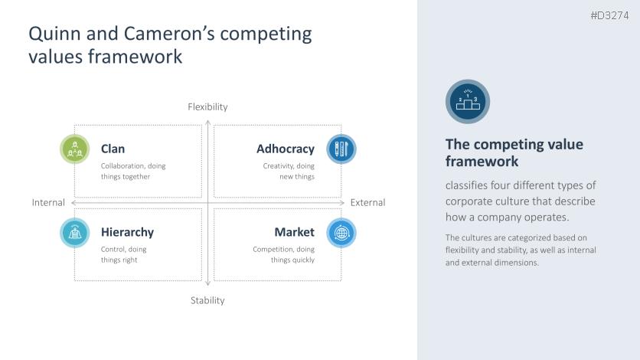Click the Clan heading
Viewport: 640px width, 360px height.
tap(113, 149)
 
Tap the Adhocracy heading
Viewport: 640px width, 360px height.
tap(285, 149)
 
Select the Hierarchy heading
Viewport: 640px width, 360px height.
tap(127, 232)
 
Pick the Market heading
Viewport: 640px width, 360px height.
tap(294, 232)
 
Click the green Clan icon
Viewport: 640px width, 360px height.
tap(75, 149)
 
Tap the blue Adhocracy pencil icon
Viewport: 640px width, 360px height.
tap(341, 149)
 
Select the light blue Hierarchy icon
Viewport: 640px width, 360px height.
tap(75, 232)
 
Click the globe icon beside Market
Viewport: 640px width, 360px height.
tap(341, 232)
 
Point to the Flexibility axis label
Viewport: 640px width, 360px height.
tap(207, 107)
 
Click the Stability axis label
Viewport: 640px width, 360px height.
tap(207, 300)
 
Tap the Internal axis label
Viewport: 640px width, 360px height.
tap(48, 203)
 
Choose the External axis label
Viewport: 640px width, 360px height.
tap(367, 203)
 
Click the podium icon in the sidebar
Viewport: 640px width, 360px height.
tap(467, 101)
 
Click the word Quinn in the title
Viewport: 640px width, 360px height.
tap(54, 34)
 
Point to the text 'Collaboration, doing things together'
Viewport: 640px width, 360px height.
tap(133, 171)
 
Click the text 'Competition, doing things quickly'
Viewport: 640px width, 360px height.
tap(283, 254)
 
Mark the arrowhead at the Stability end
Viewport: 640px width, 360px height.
tap(207, 284)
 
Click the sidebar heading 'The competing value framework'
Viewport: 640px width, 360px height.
tap(514, 153)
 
